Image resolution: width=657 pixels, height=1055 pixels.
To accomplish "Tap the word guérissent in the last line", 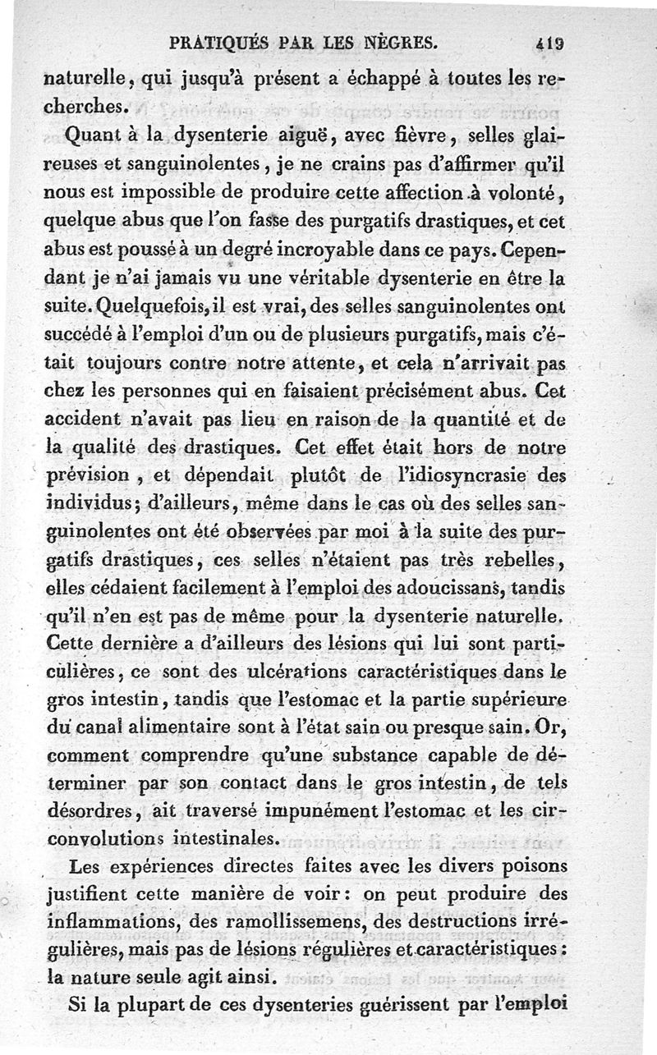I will click(413, 1005).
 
